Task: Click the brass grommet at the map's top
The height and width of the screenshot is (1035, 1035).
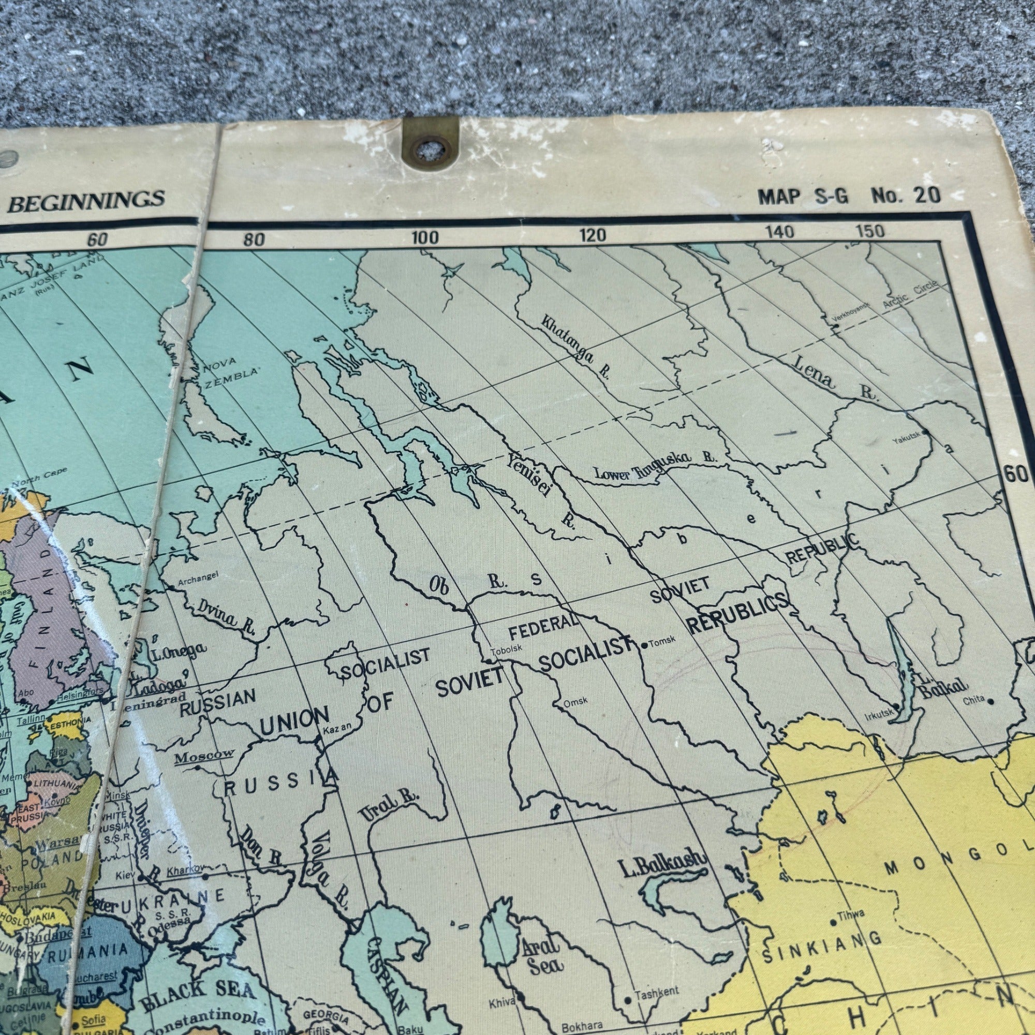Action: click(x=430, y=147)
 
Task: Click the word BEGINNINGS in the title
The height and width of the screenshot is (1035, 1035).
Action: click(x=86, y=200)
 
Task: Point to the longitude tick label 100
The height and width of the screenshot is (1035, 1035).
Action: click(x=425, y=238)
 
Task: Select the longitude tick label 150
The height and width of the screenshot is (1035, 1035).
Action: click(x=870, y=231)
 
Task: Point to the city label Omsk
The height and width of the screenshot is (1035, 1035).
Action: click(x=575, y=701)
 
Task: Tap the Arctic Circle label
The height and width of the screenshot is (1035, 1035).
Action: click(x=910, y=294)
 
